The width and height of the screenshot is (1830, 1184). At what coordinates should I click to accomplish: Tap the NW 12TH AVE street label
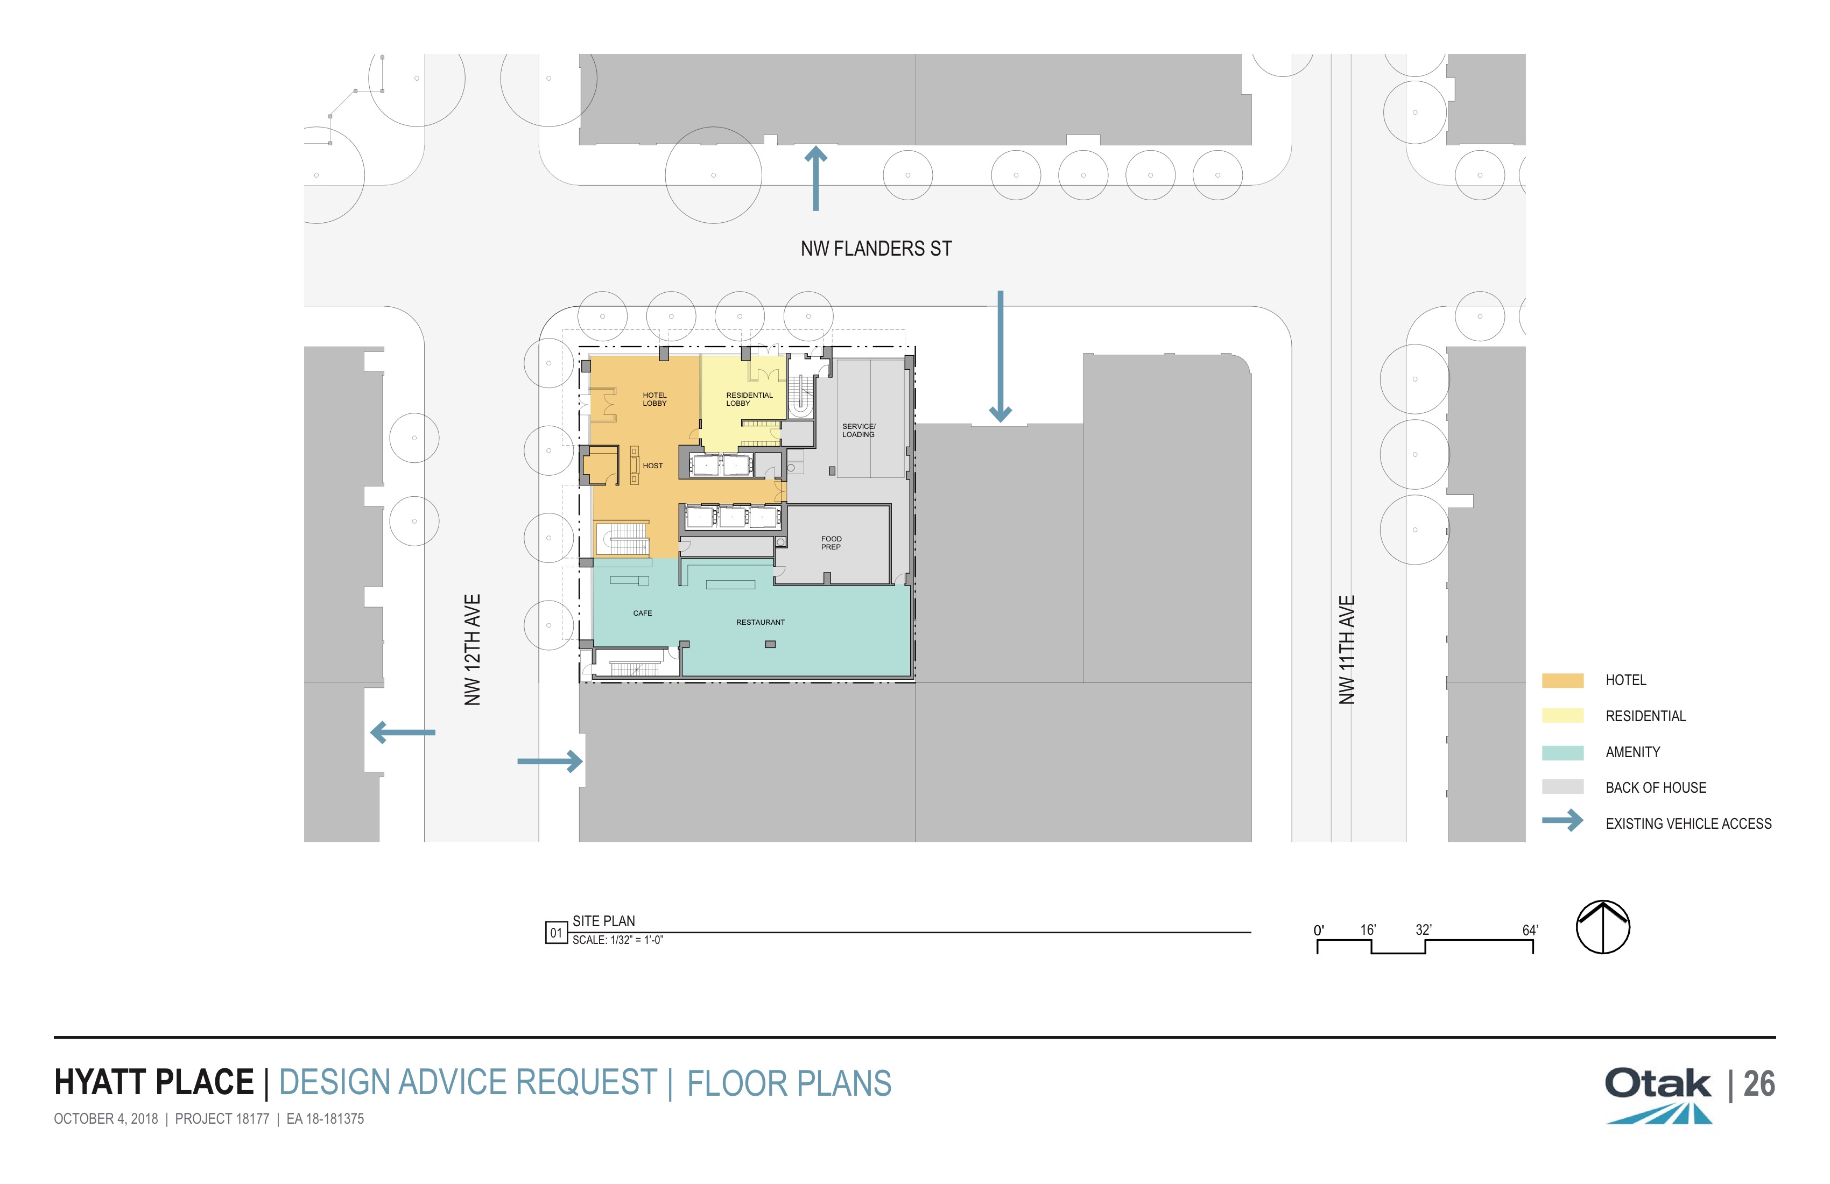point(472,650)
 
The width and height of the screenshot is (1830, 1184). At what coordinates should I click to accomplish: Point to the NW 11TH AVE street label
point(1346,650)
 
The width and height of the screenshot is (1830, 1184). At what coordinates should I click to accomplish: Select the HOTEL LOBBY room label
point(654,399)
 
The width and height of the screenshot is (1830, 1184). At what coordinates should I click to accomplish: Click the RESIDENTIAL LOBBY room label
point(749,399)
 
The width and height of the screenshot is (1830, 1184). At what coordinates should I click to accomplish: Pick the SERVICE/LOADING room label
point(858,431)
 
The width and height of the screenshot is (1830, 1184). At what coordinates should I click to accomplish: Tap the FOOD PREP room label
point(831,543)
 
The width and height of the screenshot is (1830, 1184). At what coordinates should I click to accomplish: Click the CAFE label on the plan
point(642,614)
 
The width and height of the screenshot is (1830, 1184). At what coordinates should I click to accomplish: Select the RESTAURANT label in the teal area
point(761,623)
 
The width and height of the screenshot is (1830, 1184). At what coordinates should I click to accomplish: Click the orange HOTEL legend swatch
point(1562,680)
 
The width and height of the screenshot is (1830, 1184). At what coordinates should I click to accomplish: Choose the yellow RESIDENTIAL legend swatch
point(1562,716)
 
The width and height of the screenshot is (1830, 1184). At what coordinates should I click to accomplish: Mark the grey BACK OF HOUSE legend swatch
point(1562,787)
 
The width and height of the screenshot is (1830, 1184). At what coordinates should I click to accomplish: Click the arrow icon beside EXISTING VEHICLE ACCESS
point(1562,820)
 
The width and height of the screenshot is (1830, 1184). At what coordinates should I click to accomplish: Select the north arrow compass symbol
point(1603,927)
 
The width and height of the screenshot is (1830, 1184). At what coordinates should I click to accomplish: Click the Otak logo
point(1658,1095)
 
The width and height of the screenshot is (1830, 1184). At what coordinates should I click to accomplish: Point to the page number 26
point(1759,1084)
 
